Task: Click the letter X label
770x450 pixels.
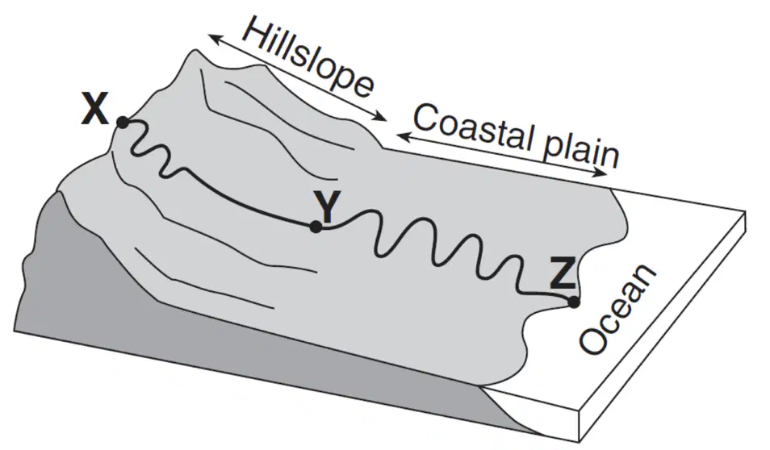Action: (x=94, y=110)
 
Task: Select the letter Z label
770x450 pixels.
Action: (x=562, y=274)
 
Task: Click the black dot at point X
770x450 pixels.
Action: (x=122, y=123)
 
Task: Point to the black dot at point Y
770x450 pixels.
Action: (x=316, y=227)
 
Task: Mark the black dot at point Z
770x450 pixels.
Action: (x=573, y=302)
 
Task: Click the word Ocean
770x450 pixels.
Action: (x=617, y=309)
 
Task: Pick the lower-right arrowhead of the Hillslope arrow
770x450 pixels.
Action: (x=381, y=117)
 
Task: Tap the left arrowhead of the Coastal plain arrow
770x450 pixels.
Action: (x=403, y=137)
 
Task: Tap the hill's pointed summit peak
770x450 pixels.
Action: (x=195, y=50)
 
